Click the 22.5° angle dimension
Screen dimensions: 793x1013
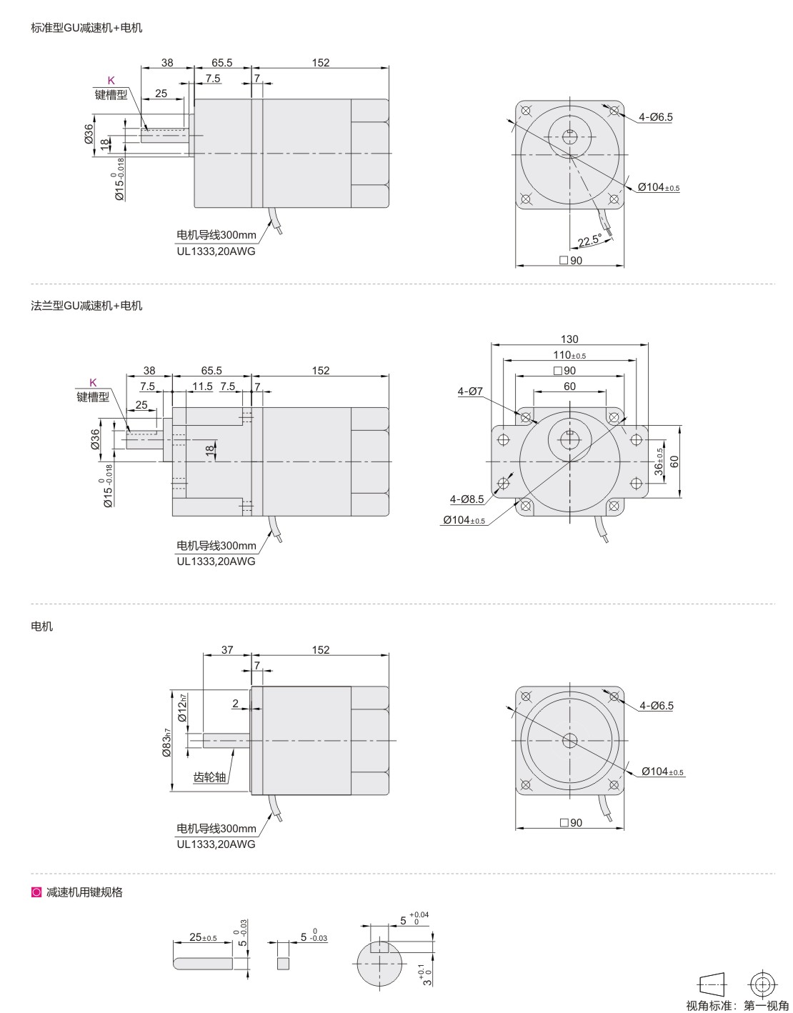point(589,241)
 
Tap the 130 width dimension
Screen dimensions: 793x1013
point(569,339)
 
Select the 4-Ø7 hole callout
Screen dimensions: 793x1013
point(470,391)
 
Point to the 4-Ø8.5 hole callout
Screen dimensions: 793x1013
point(467,499)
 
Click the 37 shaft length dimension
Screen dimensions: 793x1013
point(227,649)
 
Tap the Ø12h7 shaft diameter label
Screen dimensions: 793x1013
point(181,707)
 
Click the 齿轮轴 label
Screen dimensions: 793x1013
point(210,777)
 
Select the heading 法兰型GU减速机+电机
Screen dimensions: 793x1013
point(86,306)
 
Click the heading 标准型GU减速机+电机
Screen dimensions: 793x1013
point(86,28)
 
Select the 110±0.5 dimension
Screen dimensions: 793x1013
point(569,355)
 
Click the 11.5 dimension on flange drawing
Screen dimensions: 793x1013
point(202,386)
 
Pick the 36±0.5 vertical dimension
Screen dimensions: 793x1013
point(659,461)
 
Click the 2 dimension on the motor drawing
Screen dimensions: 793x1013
point(236,703)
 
